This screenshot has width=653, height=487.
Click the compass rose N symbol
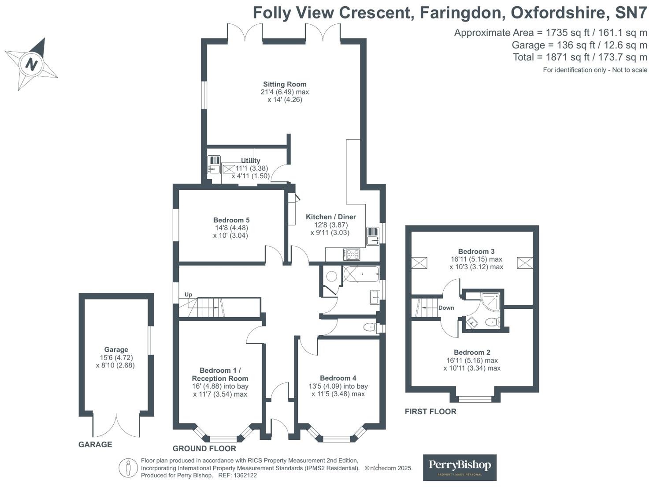(x=31, y=64)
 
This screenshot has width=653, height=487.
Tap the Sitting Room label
(x=285, y=84)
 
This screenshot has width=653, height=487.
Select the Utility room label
(x=251, y=161)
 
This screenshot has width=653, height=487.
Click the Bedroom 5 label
(x=231, y=220)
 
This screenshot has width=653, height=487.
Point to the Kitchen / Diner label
(x=331, y=217)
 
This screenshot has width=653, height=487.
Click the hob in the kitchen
(x=352, y=254)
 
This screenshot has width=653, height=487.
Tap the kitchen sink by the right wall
(x=372, y=236)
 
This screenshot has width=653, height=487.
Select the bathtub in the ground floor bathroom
(x=361, y=274)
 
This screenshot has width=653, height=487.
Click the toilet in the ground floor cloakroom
(x=369, y=328)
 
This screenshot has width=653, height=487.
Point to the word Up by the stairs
(x=188, y=295)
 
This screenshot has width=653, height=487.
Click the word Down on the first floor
(x=446, y=308)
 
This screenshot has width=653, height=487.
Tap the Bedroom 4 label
(x=338, y=378)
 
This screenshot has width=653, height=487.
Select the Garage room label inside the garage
(x=116, y=350)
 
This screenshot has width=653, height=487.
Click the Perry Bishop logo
(x=460, y=467)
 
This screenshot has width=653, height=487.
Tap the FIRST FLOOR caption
(x=430, y=412)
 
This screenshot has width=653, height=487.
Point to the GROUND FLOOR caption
(x=204, y=449)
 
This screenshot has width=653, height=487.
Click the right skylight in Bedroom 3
(x=525, y=263)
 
